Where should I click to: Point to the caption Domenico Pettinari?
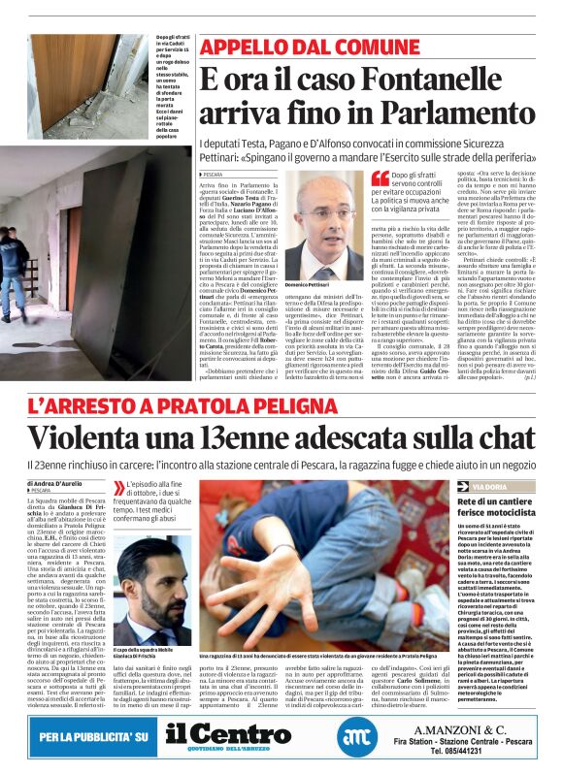click(x=308, y=284)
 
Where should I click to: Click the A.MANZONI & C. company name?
click(x=473, y=729)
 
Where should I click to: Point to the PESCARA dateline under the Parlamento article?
click(x=213, y=175)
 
